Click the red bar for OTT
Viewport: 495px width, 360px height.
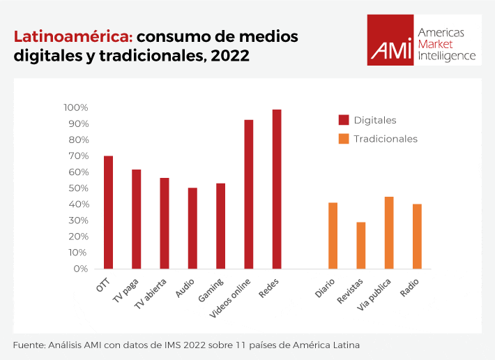(108, 212)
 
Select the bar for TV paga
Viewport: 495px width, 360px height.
(137, 219)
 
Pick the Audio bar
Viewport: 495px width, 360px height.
(192, 228)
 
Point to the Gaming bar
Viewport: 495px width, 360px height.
(220, 226)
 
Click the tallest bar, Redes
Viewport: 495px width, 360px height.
(277, 189)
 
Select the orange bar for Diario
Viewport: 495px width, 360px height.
(333, 235)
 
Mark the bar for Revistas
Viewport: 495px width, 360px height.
(361, 245)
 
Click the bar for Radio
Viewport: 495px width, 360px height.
(417, 236)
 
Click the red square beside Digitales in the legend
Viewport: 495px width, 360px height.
(344, 120)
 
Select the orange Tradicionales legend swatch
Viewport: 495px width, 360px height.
(344, 139)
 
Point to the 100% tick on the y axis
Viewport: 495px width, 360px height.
(75, 107)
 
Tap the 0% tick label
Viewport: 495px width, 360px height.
(80, 269)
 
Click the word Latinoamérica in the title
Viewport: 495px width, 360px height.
(73, 36)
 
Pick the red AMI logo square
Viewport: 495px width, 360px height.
(390, 40)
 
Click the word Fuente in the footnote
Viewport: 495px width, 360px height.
(29, 345)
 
